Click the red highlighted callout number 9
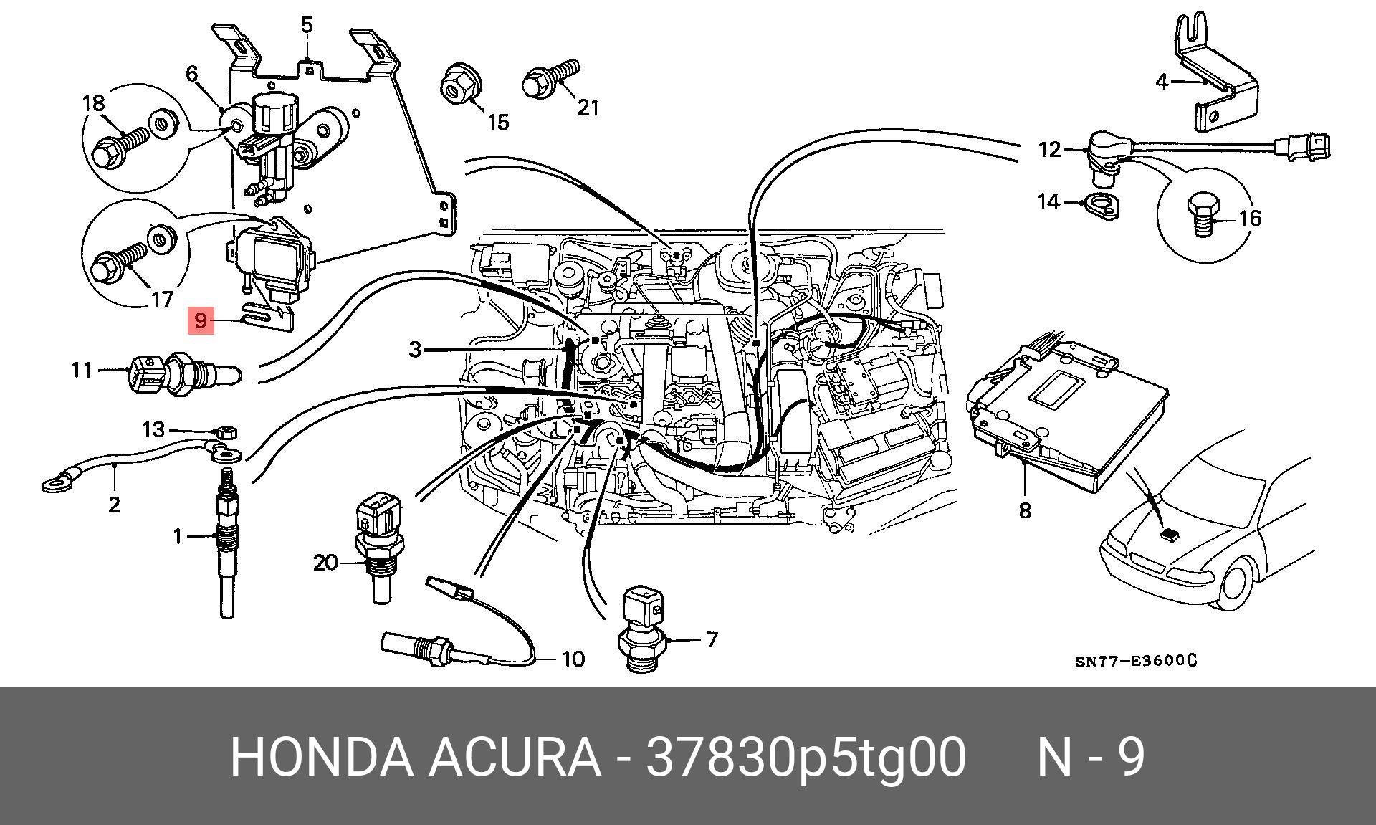pos(200,320)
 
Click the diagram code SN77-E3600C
pos(1135,660)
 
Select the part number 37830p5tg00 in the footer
pos(806,757)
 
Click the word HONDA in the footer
pos(321,757)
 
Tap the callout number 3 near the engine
pos(416,350)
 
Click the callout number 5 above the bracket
pos(307,26)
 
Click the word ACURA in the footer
pos(515,757)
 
